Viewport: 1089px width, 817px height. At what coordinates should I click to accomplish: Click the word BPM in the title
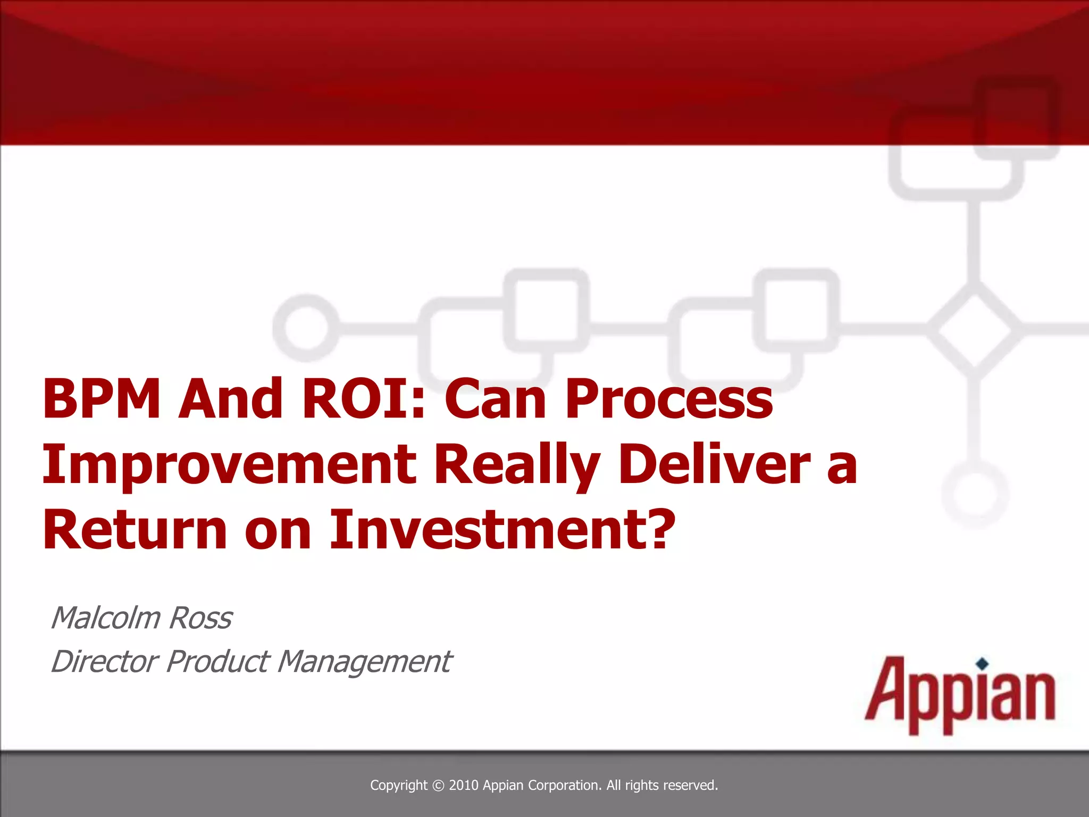point(101,398)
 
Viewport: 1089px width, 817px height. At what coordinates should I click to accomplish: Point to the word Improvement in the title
point(229,465)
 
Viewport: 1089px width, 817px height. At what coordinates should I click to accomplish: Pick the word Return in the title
point(135,530)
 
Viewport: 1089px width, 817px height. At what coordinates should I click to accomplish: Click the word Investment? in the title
point(502,529)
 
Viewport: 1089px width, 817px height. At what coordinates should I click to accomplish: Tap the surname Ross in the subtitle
point(200,618)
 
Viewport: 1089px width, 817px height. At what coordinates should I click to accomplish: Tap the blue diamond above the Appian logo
point(983,663)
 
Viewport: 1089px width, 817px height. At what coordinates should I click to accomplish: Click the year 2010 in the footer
point(464,785)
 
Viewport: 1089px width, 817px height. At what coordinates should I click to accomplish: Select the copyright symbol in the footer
point(438,786)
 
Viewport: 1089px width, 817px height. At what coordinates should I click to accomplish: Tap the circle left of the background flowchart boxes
point(306,327)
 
